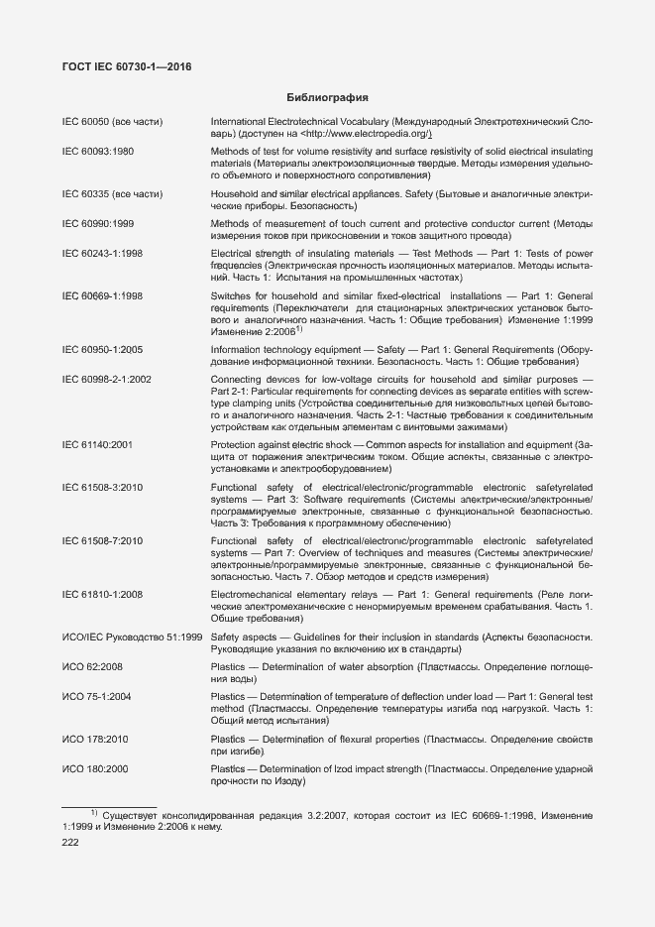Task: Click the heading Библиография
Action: [327, 98]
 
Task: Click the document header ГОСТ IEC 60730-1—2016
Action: [126, 66]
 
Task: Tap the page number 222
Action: [71, 842]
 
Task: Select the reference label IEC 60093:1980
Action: [98, 151]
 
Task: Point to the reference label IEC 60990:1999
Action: [98, 224]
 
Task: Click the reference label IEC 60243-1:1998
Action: [102, 254]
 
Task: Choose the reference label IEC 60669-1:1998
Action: [102, 295]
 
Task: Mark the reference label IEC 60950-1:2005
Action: [102, 351]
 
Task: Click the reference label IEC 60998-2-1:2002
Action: [107, 380]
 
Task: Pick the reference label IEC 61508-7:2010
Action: [102, 541]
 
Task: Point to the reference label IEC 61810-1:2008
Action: [102, 594]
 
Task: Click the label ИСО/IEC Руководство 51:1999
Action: [132, 636]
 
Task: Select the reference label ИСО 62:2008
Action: [92, 667]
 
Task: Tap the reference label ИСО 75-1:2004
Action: [96, 697]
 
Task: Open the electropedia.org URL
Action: [367, 133]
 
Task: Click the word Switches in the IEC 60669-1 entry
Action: [231, 295]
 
